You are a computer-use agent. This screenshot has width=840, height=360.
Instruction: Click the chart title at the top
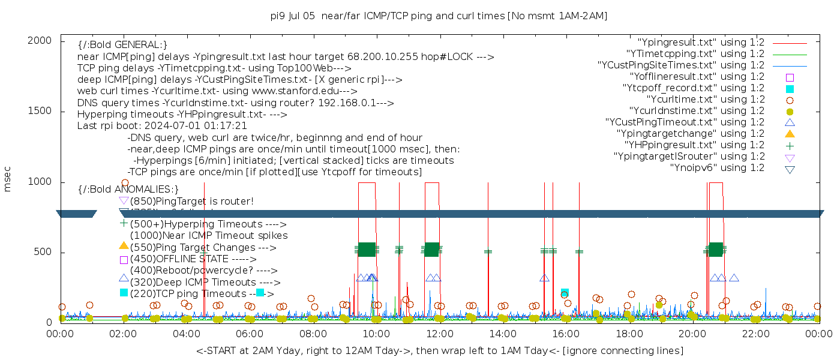click(439, 16)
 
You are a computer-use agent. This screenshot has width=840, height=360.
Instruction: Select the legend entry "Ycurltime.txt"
click(705, 99)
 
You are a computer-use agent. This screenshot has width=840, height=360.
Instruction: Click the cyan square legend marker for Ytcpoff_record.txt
click(790, 88)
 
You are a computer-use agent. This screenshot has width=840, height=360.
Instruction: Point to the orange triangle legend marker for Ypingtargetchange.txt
click(790, 133)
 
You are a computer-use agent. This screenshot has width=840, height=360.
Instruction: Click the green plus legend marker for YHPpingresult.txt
click(790, 145)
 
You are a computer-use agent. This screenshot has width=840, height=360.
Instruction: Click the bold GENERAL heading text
click(122, 45)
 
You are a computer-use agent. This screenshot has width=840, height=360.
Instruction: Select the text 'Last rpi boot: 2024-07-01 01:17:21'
click(162, 126)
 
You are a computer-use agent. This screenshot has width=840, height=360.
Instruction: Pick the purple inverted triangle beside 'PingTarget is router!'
click(124, 200)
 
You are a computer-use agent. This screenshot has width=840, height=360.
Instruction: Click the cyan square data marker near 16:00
click(565, 292)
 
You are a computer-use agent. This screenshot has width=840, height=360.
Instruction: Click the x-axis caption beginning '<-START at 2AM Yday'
click(439, 350)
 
